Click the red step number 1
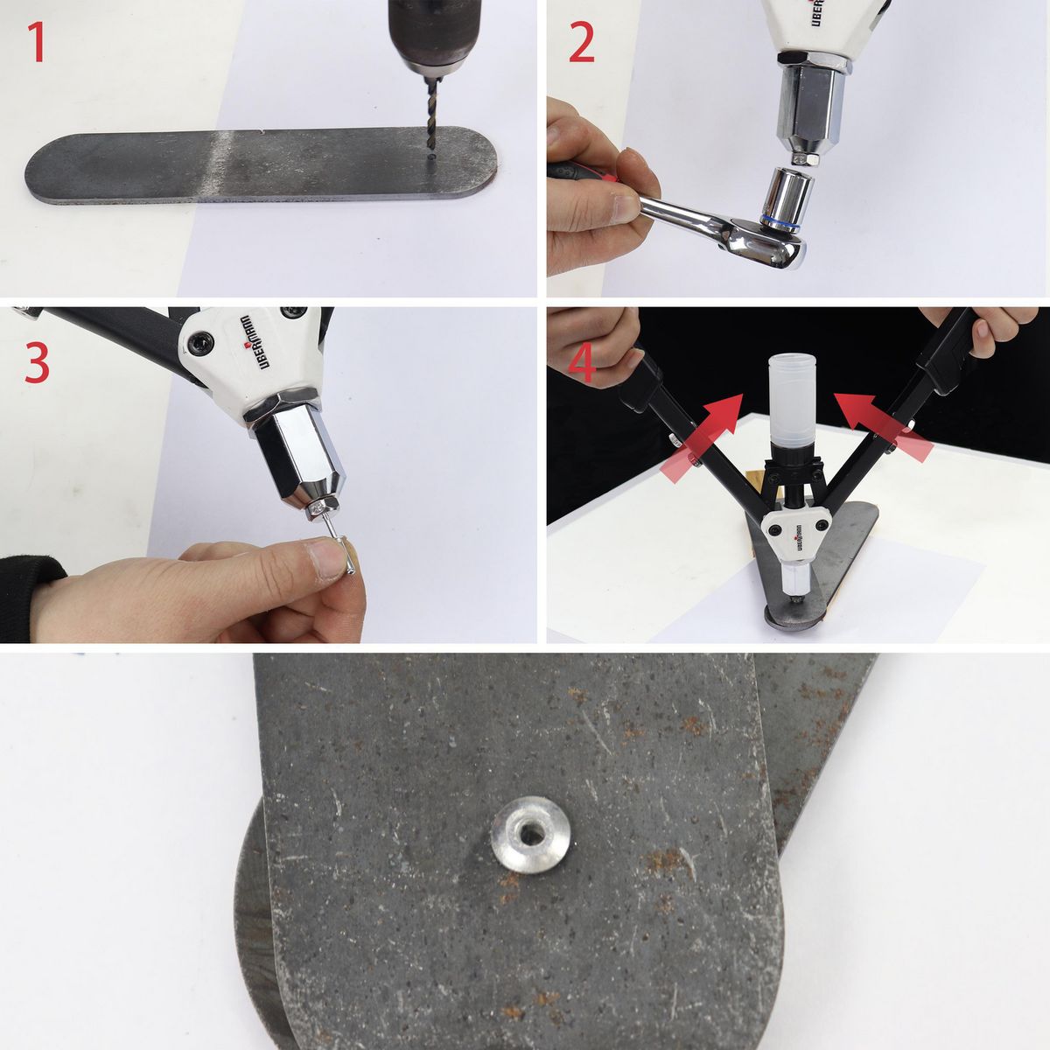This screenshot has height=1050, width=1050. pyautogui.click(x=36, y=43)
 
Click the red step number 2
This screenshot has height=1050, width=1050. pyautogui.click(x=582, y=44)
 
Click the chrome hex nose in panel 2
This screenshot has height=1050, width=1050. pyautogui.click(x=809, y=101)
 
